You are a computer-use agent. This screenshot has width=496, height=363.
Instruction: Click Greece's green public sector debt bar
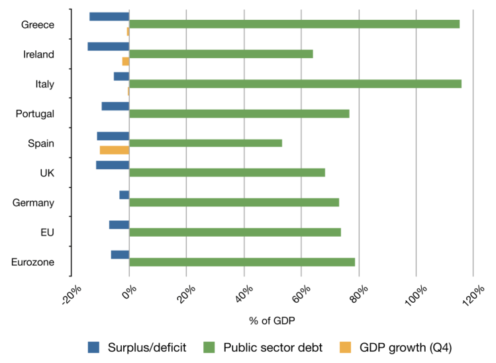point(294,24)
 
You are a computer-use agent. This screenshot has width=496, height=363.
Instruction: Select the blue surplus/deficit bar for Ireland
point(108,46)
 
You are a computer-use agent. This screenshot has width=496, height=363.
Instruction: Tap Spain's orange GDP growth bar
point(115,150)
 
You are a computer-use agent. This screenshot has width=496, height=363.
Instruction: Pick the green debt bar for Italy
point(295,83)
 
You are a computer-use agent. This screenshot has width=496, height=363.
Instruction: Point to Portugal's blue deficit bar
point(115,106)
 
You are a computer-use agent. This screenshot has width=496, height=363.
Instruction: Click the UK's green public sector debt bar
point(227,173)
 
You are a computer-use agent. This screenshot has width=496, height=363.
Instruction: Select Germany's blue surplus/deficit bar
point(124,194)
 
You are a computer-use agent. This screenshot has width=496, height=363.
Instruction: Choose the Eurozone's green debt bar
point(242,262)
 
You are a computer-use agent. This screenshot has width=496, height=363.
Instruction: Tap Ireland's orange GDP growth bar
point(126,61)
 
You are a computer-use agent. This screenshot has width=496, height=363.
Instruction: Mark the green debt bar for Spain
point(205,143)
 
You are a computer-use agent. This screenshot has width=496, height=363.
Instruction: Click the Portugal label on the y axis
point(34,114)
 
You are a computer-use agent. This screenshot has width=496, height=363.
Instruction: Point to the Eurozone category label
point(32,262)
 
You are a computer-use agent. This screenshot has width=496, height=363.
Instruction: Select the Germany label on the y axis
point(33,203)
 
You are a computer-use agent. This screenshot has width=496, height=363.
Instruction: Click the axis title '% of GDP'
point(272,320)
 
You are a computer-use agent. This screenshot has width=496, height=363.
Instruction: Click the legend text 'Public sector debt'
point(272,347)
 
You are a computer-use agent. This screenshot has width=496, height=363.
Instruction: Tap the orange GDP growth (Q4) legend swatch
point(345,346)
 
